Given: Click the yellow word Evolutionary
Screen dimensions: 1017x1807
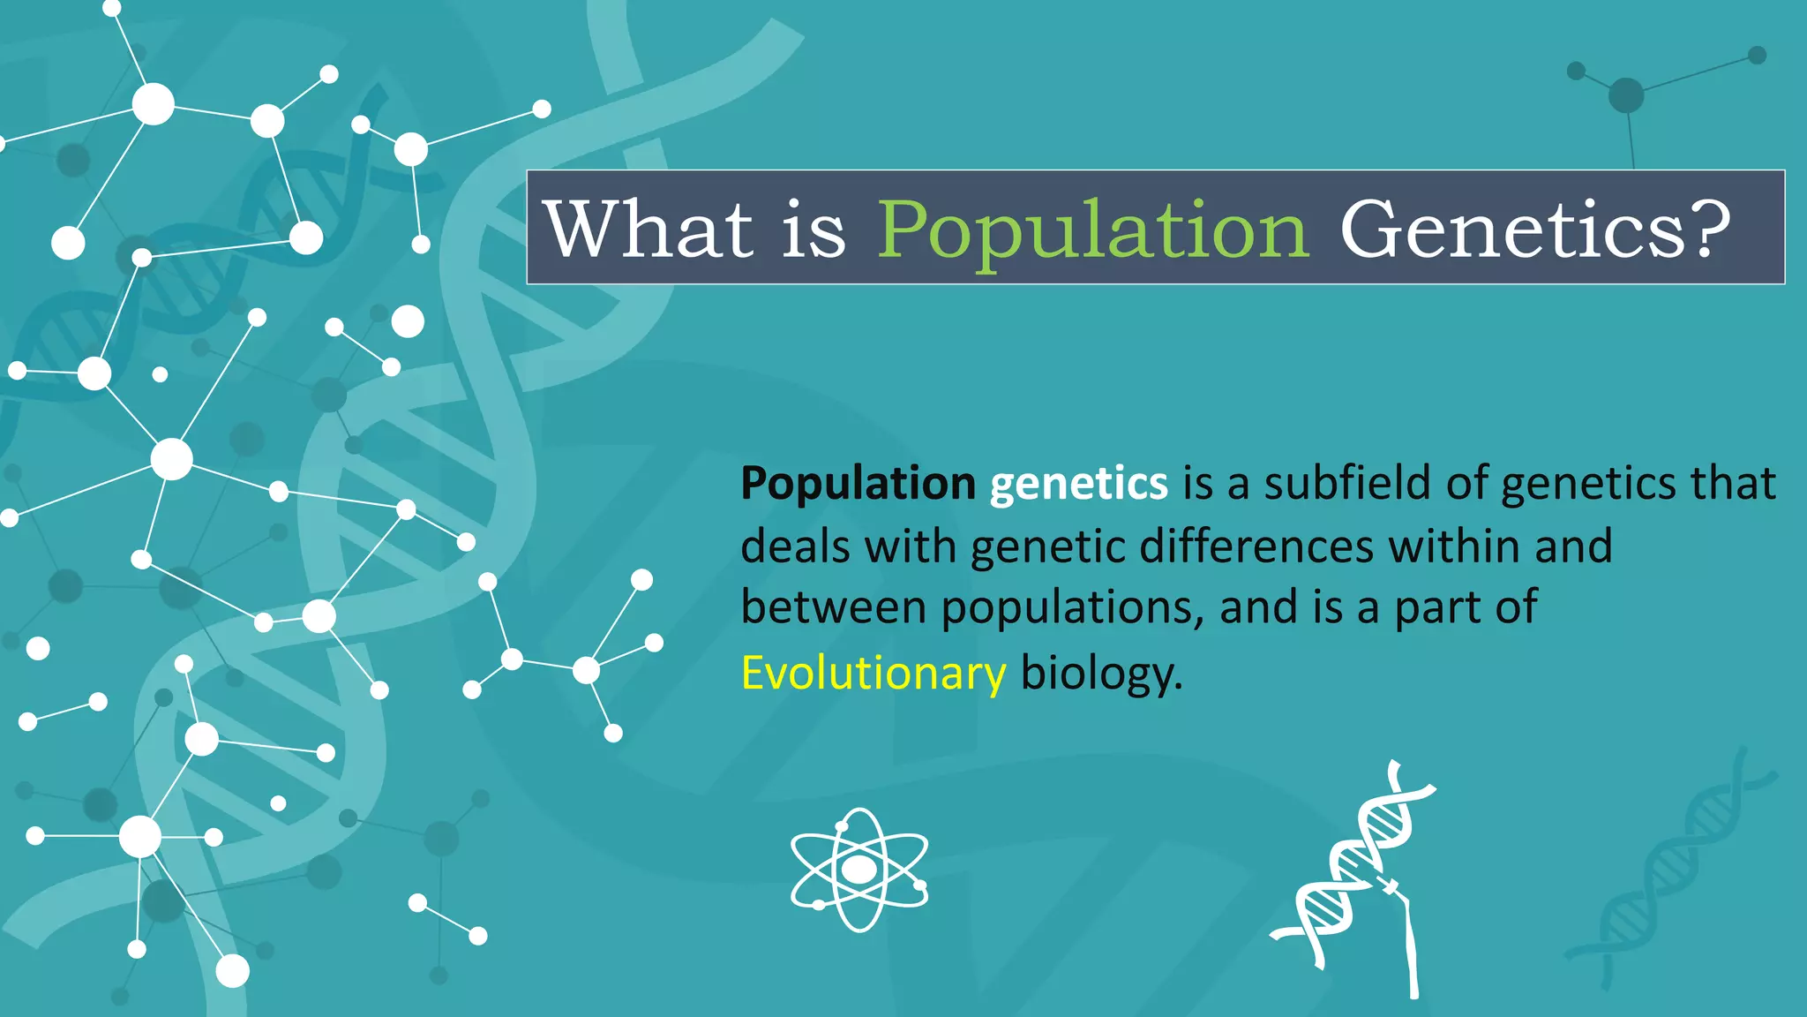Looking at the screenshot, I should click(873, 674).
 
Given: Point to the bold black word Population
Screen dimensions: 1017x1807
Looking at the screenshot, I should click(858, 483).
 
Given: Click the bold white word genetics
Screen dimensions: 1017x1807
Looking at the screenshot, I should click(1078, 483).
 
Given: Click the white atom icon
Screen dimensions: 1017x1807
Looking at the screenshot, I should click(859, 870).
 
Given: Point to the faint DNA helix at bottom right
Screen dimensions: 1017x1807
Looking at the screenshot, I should click(1672, 870).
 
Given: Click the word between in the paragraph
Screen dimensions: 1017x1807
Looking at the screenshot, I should click(833, 608).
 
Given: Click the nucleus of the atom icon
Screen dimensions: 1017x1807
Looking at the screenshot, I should click(859, 870).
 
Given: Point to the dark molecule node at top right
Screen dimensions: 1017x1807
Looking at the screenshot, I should click(1626, 95).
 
